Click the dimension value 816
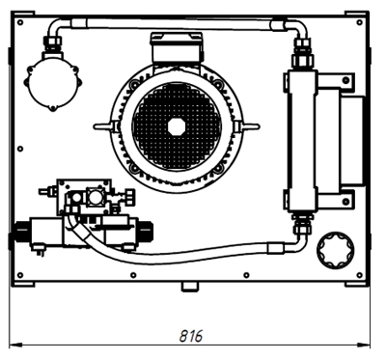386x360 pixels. pyautogui.click(x=191, y=336)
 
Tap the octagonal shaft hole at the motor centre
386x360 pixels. pyautogui.click(x=177, y=127)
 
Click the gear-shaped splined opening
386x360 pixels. pyautogui.click(x=336, y=250)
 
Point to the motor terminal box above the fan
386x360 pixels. pyautogui.click(x=177, y=47)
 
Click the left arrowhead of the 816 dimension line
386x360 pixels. pyautogui.click(x=15, y=346)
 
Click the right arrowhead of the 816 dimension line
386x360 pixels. pyautogui.click(x=364, y=346)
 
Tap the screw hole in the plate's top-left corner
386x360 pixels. pyautogui.click(x=20, y=22)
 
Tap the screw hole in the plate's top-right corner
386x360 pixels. pyautogui.click(x=360, y=22)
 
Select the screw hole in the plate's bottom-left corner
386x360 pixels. pyautogui.click(x=20, y=275)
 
